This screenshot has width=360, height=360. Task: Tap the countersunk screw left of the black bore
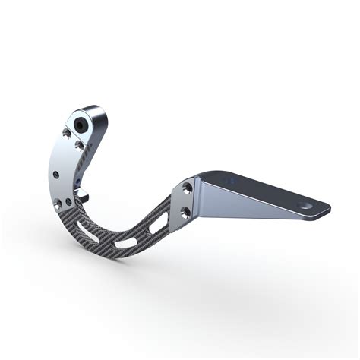coord(66,134)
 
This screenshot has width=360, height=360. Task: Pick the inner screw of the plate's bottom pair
coord(69,202)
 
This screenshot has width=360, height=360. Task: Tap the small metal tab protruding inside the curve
coord(87,198)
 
